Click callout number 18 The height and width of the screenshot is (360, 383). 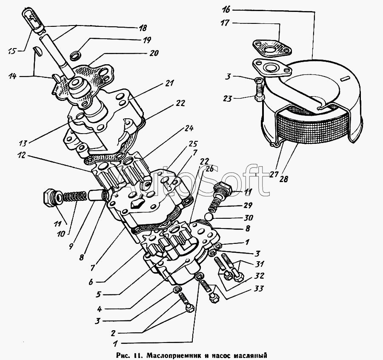(x=143, y=28)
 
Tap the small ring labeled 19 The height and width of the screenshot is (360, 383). (x=75, y=57)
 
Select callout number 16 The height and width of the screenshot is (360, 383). (x=226, y=10)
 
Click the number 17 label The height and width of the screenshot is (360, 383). (x=225, y=23)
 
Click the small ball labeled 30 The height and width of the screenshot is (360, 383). (x=209, y=217)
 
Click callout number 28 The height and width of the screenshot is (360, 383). (x=283, y=179)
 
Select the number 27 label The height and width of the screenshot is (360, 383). (x=274, y=174)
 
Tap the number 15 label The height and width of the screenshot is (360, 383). (x=12, y=51)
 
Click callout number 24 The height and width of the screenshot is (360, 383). (x=189, y=128)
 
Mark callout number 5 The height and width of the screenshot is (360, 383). (x=98, y=294)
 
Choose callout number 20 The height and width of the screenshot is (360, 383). (x=154, y=53)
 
